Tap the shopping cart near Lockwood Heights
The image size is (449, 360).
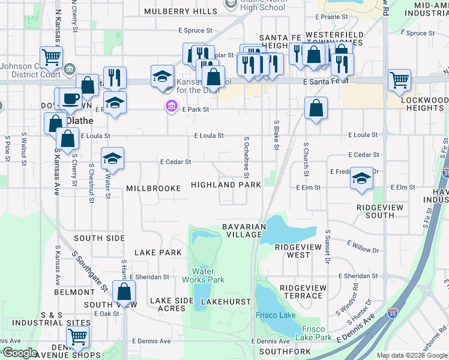(399, 79)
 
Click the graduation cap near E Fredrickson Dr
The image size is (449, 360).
(361, 178)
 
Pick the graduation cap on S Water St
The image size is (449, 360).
(112, 158)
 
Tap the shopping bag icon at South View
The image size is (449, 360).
(124, 292)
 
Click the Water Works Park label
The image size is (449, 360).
(203, 275)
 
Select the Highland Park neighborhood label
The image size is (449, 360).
(226, 185)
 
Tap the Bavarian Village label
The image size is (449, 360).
(244, 230)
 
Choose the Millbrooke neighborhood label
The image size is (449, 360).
(153, 188)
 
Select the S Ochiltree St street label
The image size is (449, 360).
(246, 157)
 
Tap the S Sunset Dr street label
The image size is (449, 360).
(328, 246)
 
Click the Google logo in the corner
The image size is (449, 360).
(19, 353)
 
